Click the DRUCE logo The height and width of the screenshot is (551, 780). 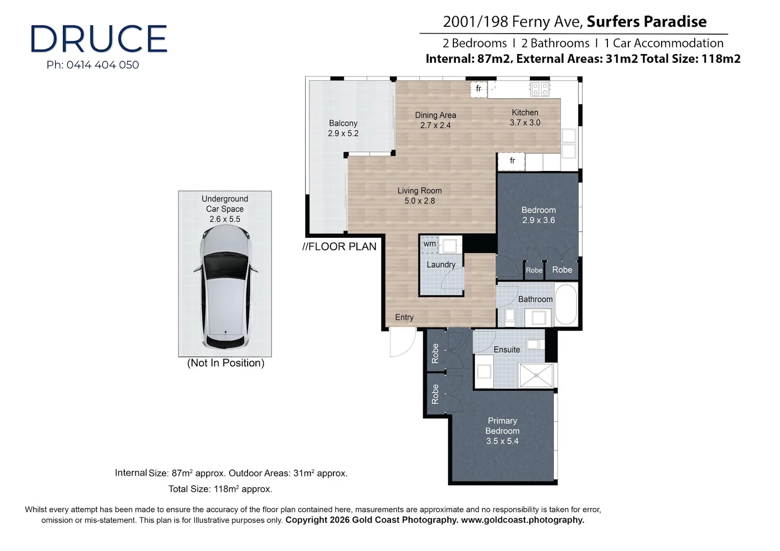(x=99, y=39)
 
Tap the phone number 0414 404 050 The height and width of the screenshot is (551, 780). (x=103, y=65)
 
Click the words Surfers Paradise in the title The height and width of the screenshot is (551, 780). (x=646, y=21)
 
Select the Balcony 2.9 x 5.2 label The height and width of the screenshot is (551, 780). (x=343, y=128)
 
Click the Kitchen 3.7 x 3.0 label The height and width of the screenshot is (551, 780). (x=525, y=117)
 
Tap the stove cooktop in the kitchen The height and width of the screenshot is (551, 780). (x=540, y=89)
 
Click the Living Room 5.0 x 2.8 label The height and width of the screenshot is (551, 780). (x=420, y=195)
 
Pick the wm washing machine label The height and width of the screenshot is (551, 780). (x=430, y=244)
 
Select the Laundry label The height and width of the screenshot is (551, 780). (x=441, y=265)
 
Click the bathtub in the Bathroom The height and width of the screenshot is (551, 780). (x=566, y=305)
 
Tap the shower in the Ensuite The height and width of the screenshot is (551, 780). (x=536, y=375)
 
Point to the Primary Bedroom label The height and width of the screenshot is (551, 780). (x=502, y=431)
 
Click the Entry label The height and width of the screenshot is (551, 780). (x=404, y=317)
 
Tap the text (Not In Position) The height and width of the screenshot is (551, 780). (x=226, y=363)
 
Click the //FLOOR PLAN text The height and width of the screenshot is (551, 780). (x=339, y=246)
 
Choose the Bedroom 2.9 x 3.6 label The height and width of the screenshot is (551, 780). (x=539, y=215)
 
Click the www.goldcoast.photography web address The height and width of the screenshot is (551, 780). (x=522, y=520)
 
